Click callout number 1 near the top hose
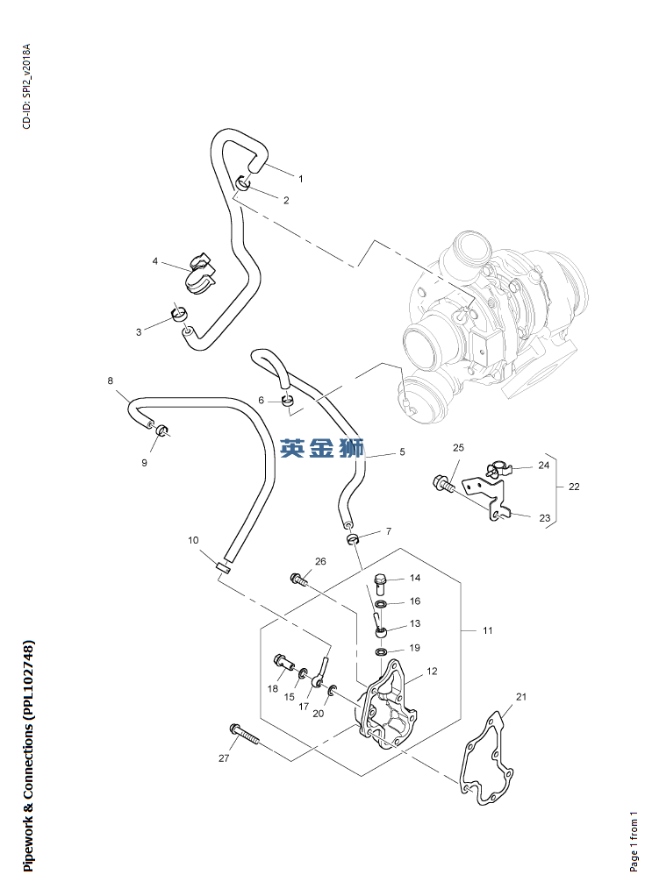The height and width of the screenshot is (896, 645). pyautogui.click(x=300, y=178)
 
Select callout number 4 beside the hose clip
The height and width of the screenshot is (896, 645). pyautogui.click(x=155, y=261)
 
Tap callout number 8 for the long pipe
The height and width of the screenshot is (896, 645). pyautogui.click(x=111, y=381)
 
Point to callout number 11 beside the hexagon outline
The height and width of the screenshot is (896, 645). pyautogui.click(x=488, y=630)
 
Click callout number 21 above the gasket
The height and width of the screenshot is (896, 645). pyautogui.click(x=520, y=697)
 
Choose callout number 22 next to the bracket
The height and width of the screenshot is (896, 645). pyautogui.click(x=574, y=487)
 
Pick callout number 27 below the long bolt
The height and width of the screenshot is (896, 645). pyautogui.click(x=224, y=758)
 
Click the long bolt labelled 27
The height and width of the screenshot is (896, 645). pyautogui.click(x=245, y=735)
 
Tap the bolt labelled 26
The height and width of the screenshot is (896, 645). pyautogui.click(x=298, y=578)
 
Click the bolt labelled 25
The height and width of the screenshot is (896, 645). pyautogui.click(x=445, y=481)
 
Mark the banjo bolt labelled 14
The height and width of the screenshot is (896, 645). pyautogui.click(x=381, y=581)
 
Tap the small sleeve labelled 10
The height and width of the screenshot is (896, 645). pyautogui.click(x=223, y=568)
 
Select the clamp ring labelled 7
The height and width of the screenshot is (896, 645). pyautogui.click(x=351, y=537)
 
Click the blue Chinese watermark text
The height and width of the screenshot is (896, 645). pyautogui.click(x=322, y=449)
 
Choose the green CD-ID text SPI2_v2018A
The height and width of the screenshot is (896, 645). pyautogui.click(x=26, y=87)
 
